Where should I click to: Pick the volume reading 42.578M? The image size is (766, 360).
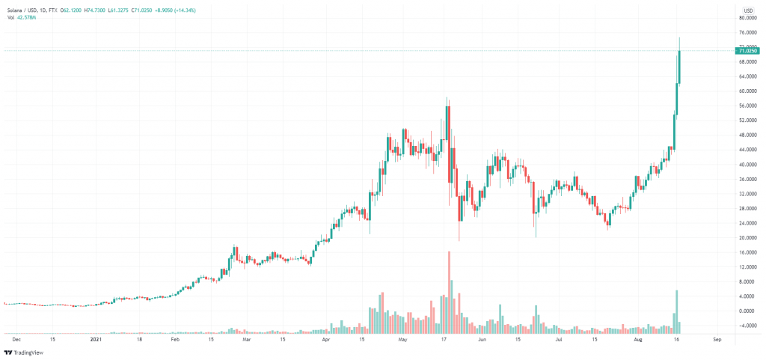(28, 16)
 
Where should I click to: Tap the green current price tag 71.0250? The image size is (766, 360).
(748, 51)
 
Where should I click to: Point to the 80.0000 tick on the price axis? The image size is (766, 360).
(748, 18)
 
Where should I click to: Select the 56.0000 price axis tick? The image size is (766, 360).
(748, 106)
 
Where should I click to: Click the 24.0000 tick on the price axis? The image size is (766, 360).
(748, 223)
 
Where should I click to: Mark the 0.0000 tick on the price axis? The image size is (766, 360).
(748, 311)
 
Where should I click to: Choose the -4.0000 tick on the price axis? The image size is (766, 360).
(748, 326)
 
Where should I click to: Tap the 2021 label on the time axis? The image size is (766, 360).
(96, 339)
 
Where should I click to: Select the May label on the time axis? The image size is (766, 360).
(402, 339)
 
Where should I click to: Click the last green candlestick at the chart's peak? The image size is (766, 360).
(679, 67)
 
